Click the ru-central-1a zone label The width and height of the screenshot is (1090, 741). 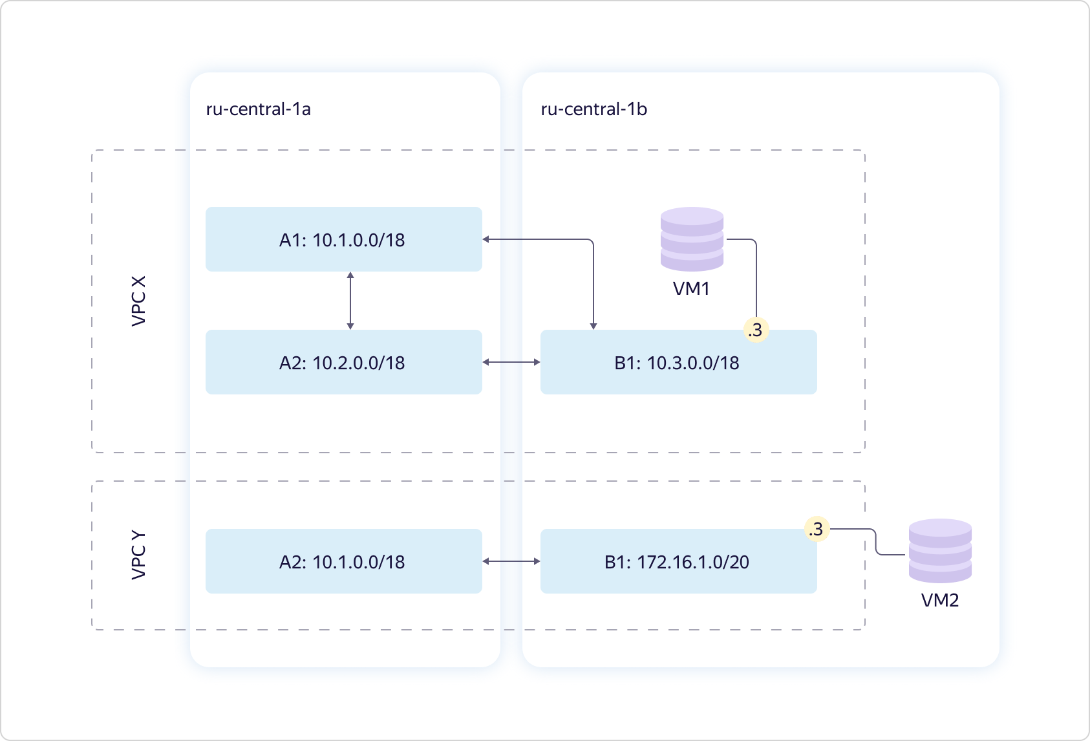(259, 109)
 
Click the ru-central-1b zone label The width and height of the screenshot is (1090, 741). (593, 109)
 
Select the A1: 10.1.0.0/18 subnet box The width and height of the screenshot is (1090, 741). (343, 239)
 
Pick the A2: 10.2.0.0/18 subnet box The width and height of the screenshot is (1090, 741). (343, 362)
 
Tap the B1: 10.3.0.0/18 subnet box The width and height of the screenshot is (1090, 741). (678, 362)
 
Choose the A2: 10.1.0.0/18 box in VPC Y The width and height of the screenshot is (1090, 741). (343, 561)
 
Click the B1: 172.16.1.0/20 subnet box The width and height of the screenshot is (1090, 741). (678, 561)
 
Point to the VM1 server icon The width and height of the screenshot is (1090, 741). (692, 239)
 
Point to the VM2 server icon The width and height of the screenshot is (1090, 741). (940, 551)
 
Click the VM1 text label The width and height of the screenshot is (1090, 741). (691, 288)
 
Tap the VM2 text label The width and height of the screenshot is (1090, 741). (939, 601)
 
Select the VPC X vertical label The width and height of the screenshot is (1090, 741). (139, 301)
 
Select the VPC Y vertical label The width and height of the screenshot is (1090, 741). (139, 555)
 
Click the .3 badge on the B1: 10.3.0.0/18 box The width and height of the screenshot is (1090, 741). (756, 330)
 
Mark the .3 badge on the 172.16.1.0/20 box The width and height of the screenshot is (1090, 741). (817, 529)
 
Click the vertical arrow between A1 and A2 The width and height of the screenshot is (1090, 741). (350, 301)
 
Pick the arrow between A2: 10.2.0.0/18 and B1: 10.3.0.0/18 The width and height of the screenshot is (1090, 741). (511, 362)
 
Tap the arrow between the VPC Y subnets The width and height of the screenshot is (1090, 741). (511, 561)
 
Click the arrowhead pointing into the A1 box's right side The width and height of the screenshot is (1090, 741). (486, 239)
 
